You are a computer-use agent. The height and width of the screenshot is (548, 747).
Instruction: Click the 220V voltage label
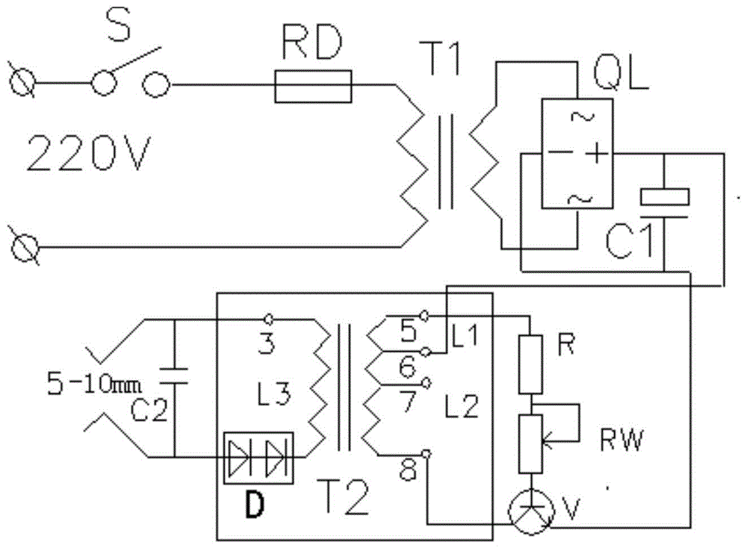87,155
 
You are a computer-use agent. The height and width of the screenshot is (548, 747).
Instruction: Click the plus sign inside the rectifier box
596,154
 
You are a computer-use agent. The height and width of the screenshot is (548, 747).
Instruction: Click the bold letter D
255,507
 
